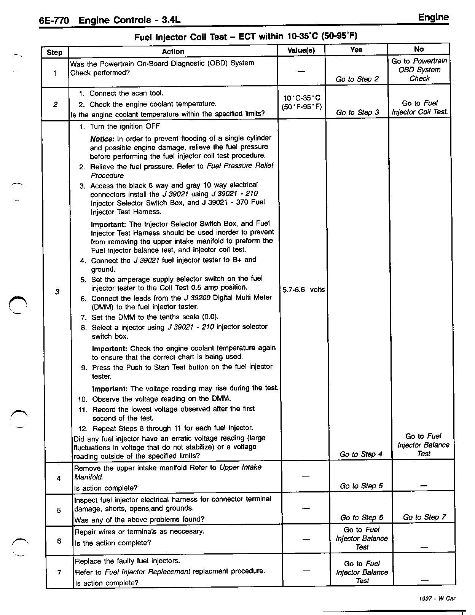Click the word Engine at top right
point(433,17)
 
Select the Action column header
point(173,51)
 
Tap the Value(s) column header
point(301,50)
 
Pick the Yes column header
point(356,49)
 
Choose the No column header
point(419,49)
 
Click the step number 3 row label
point(57,292)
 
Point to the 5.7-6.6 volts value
point(303,290)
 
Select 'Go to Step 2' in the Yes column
point(357,79)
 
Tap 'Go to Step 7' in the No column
point(424,517)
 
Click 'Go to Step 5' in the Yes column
point(361,486)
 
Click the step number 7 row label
point(59,572)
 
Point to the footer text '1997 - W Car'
point(437,598)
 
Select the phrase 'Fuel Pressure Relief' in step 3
point(240,166)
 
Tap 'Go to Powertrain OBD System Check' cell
point(419,70)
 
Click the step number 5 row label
point(59,510)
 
